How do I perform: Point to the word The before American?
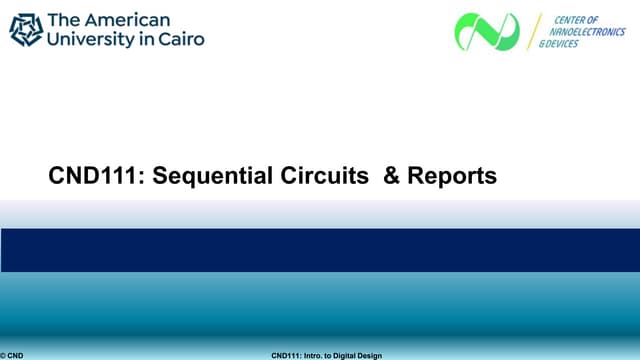point(65,20)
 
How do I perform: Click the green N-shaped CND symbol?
point(487,32)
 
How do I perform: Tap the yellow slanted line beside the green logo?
point(534,32)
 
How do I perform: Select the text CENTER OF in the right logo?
point(577,19)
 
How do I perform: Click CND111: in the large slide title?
point(87,177)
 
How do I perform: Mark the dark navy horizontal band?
point(320,250)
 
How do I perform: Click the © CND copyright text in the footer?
point(12,355)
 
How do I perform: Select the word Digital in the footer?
point(345,355)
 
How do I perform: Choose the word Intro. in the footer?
point(312,355)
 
